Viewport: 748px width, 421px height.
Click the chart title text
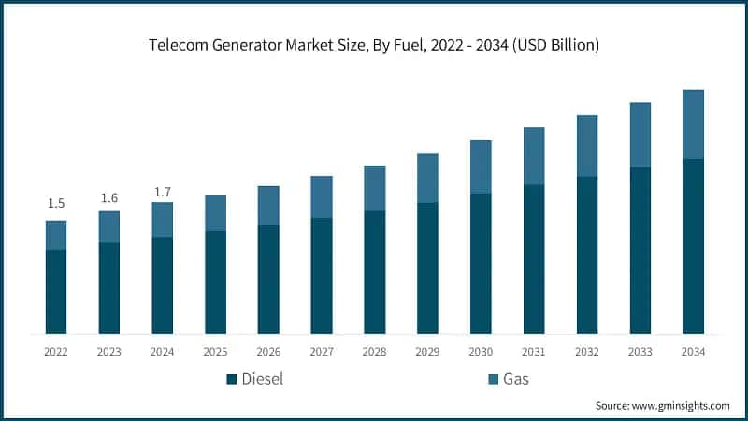tap(374, 44)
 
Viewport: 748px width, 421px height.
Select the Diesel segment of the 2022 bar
tap(56, 291)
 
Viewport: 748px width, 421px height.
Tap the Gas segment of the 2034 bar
tap(693, 124)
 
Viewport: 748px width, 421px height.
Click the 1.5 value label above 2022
tap(56, 204)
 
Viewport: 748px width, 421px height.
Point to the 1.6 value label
tap(109, 197)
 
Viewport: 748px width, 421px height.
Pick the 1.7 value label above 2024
tap(162, 193)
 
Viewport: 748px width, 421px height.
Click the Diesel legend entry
tap(255, 379)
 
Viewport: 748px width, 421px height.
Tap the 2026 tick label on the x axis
tap(268, 351)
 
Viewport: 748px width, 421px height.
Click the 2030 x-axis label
tap(481, 351)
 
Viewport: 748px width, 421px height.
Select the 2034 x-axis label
tap(693, 351)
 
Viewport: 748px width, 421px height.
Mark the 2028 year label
tap(374, 351)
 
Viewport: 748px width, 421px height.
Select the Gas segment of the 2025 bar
tap(215, 212)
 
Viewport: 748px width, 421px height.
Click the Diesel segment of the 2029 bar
tap(427, 268)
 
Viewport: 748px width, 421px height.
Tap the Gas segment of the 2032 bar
tap(586, 146)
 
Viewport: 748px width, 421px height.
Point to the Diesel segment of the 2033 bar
tap(640, 250)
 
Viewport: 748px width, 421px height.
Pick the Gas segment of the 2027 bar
tap(322, 196)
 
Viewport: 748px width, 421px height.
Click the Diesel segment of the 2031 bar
tap(534, 259)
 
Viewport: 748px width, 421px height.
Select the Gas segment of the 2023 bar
tap(109, 226)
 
